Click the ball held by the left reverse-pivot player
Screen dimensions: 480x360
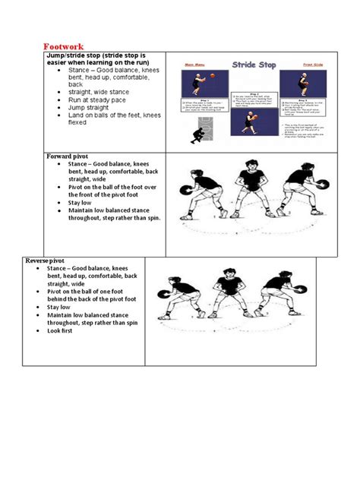pos(163,294)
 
